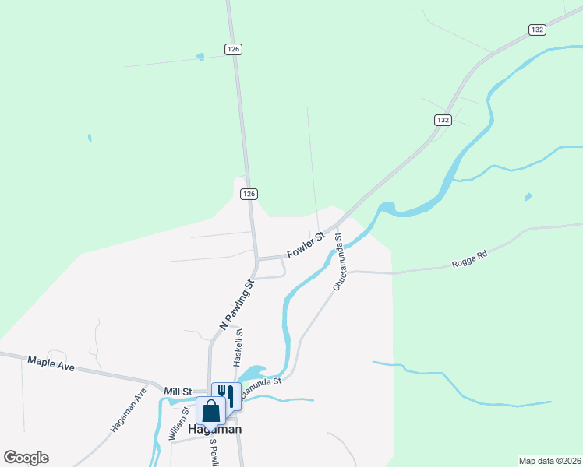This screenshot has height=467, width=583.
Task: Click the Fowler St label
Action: point(306,248)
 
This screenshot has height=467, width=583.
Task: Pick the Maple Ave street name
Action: point(51,363)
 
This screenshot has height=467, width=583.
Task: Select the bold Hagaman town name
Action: point(215,429)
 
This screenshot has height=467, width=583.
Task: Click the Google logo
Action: point(26,458)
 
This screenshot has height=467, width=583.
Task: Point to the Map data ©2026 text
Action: point(549,460)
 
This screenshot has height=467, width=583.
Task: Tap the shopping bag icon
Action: point(210,410)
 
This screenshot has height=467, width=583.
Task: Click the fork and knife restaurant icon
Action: point(226,394)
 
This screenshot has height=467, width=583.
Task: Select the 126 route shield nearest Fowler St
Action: point(249,194)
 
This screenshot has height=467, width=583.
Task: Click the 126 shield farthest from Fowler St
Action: point(234,49)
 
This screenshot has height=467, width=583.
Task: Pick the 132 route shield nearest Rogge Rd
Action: point(443,120)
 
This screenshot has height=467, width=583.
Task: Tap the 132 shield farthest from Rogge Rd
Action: point(536,30)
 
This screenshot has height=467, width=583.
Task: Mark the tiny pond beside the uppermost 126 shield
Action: point(201,57)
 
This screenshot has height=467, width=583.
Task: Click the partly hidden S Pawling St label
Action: point(212,451)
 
